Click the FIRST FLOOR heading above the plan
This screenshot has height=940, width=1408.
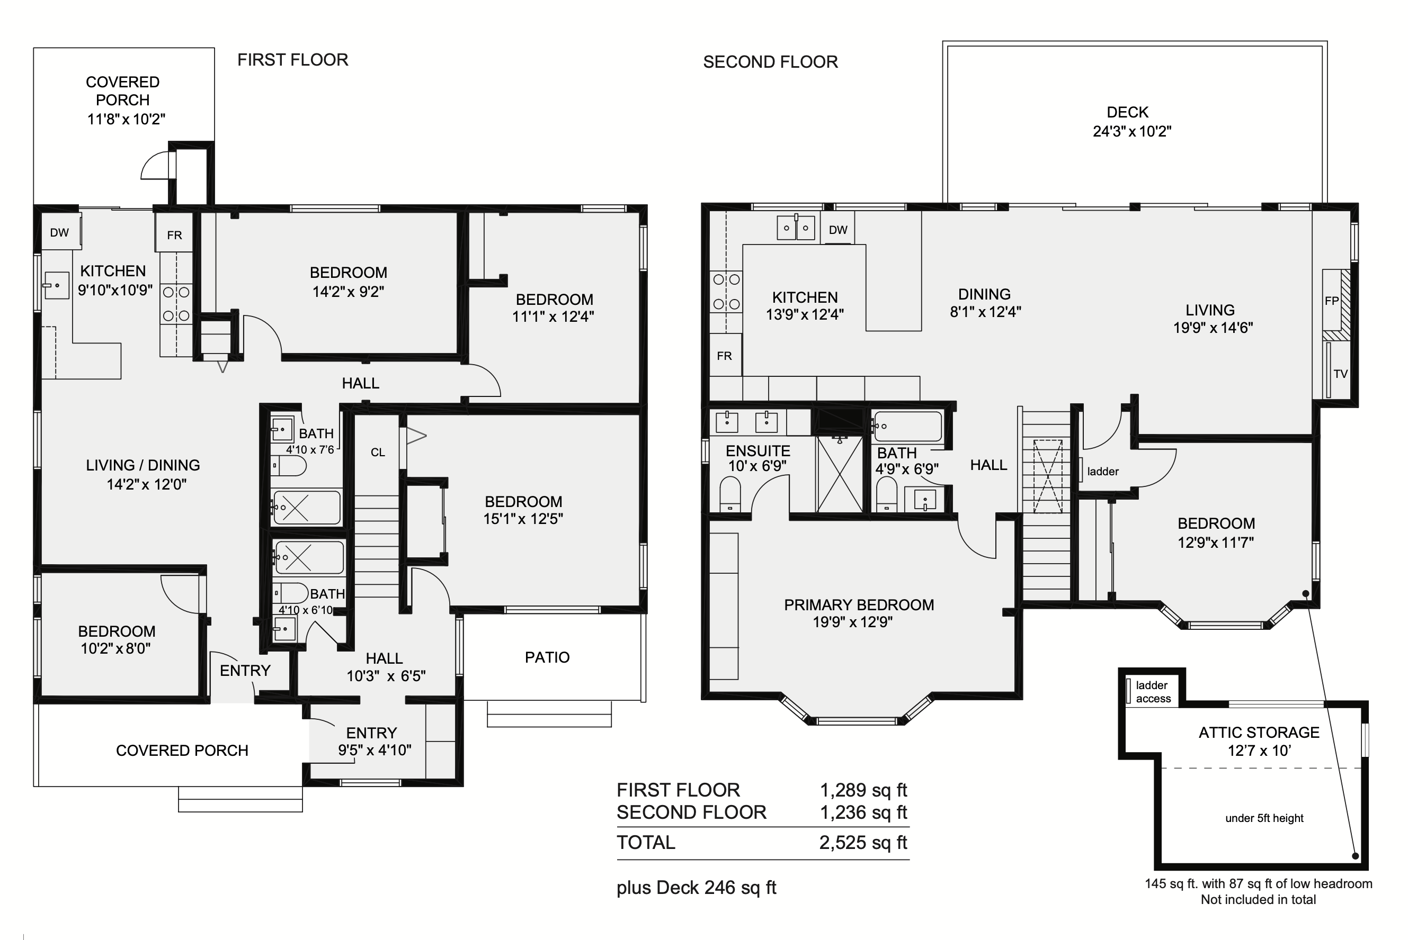[x=293, y=60]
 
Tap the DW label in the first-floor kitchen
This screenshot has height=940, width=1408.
[x=59, y=232]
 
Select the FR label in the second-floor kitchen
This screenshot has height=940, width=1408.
[x=724, y=356]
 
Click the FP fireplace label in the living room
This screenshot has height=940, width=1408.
[x=1332, y=301]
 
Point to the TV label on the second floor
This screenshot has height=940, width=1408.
[x=1340, y=374]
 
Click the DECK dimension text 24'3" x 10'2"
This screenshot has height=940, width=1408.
[x=1132, y=131]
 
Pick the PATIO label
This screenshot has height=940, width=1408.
[x=547, y=658]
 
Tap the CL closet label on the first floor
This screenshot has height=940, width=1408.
[x=378, y=453]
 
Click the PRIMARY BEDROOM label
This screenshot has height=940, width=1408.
[x=859, y=605]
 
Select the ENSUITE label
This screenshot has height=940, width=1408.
[x=758, y=451]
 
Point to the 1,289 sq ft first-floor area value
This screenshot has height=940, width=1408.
[x=863, y=790]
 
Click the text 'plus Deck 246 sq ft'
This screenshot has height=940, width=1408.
[x=697, y=888]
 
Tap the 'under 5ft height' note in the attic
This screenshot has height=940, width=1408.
[x=1264, y=818]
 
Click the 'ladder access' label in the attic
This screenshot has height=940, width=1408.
[x=1153, y=692]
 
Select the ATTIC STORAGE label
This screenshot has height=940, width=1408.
[x=1259, y=733]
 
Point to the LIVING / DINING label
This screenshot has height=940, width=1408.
[x=143, y=465]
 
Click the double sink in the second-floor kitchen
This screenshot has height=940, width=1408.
[x=796, y=228]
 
